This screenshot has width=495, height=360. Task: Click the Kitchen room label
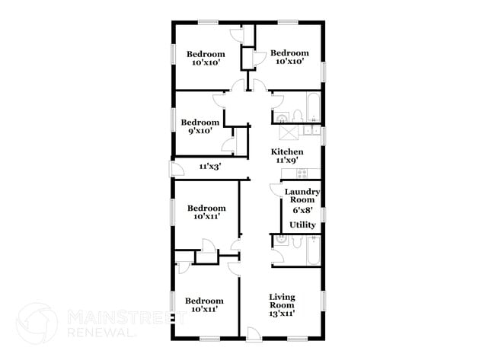pos(288,152)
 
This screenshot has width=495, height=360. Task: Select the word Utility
pos(302,225)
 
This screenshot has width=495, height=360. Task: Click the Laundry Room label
pos(302,196)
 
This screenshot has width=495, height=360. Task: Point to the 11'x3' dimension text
pos(210,166)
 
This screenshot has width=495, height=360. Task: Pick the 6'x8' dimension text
pos(302,209)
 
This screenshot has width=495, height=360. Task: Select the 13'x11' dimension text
pos(282,312)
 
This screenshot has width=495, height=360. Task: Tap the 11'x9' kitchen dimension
pos(288,161)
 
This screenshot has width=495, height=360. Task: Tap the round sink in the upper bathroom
pos(281,117)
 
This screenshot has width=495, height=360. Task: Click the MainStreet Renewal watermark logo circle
pos(37,322)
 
